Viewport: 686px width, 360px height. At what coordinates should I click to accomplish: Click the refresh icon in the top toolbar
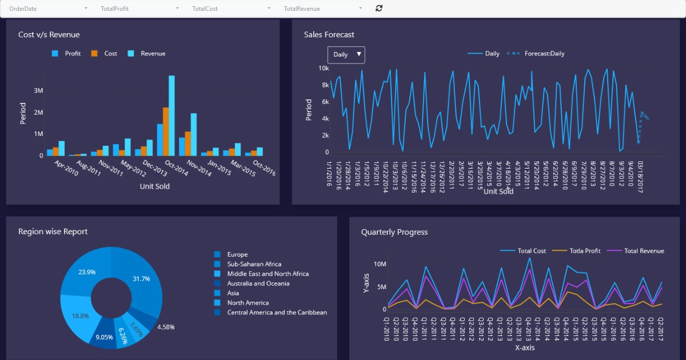click(378, 8)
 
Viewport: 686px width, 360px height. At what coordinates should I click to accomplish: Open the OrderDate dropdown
click(49, 9)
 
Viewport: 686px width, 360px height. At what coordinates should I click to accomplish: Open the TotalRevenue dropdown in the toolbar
click(323, 9)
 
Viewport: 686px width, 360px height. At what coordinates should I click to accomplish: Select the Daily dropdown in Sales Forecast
click(346, 54)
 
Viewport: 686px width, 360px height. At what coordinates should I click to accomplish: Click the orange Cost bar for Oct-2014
click(166, 132)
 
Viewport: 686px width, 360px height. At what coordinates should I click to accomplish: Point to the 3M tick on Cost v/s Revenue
click(38, 91)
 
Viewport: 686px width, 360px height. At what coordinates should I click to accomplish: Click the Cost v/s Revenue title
click(49, 35)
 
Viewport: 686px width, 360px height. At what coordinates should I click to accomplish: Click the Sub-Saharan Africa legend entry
click(254, 264)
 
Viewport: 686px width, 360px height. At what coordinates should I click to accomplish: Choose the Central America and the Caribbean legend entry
click(277, 313)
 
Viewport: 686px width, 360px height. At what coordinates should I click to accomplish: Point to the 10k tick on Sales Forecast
click(324, 68)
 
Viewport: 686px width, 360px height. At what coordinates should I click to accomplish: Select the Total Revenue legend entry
click(644, 251)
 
